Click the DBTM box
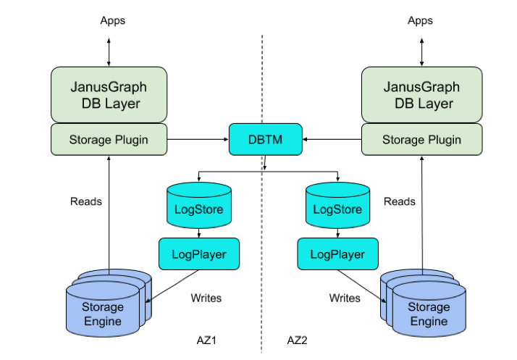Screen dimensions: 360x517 point(265,139)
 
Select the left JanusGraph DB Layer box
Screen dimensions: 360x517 point(109,95)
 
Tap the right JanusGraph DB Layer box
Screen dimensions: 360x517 point(421,95)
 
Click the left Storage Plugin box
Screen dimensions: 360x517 point(109,139)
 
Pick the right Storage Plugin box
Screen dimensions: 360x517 point(421,139)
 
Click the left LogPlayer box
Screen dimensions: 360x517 point(198,254)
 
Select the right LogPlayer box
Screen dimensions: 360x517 point(337,254)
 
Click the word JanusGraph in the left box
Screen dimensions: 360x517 point(109,87)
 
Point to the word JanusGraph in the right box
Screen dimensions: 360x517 point(421,87)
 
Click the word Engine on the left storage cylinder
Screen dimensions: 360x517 point(102,321)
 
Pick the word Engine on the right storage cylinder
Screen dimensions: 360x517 point(429,321)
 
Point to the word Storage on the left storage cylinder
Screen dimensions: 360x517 point(102,307)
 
